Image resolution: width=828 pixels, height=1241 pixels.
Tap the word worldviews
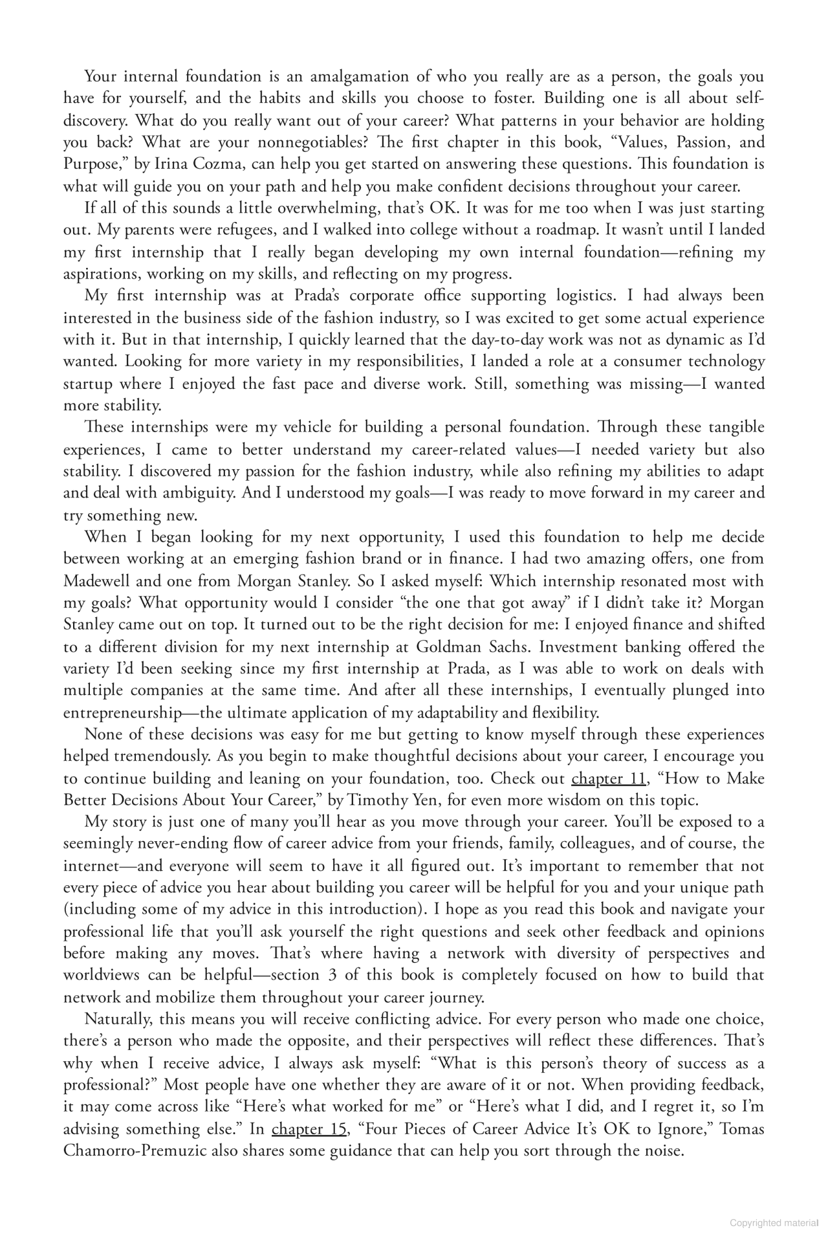pyautogui.click(x=103, y=975)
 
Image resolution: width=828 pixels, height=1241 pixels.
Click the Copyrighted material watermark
pyautogui.click(x=775, y=1222)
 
